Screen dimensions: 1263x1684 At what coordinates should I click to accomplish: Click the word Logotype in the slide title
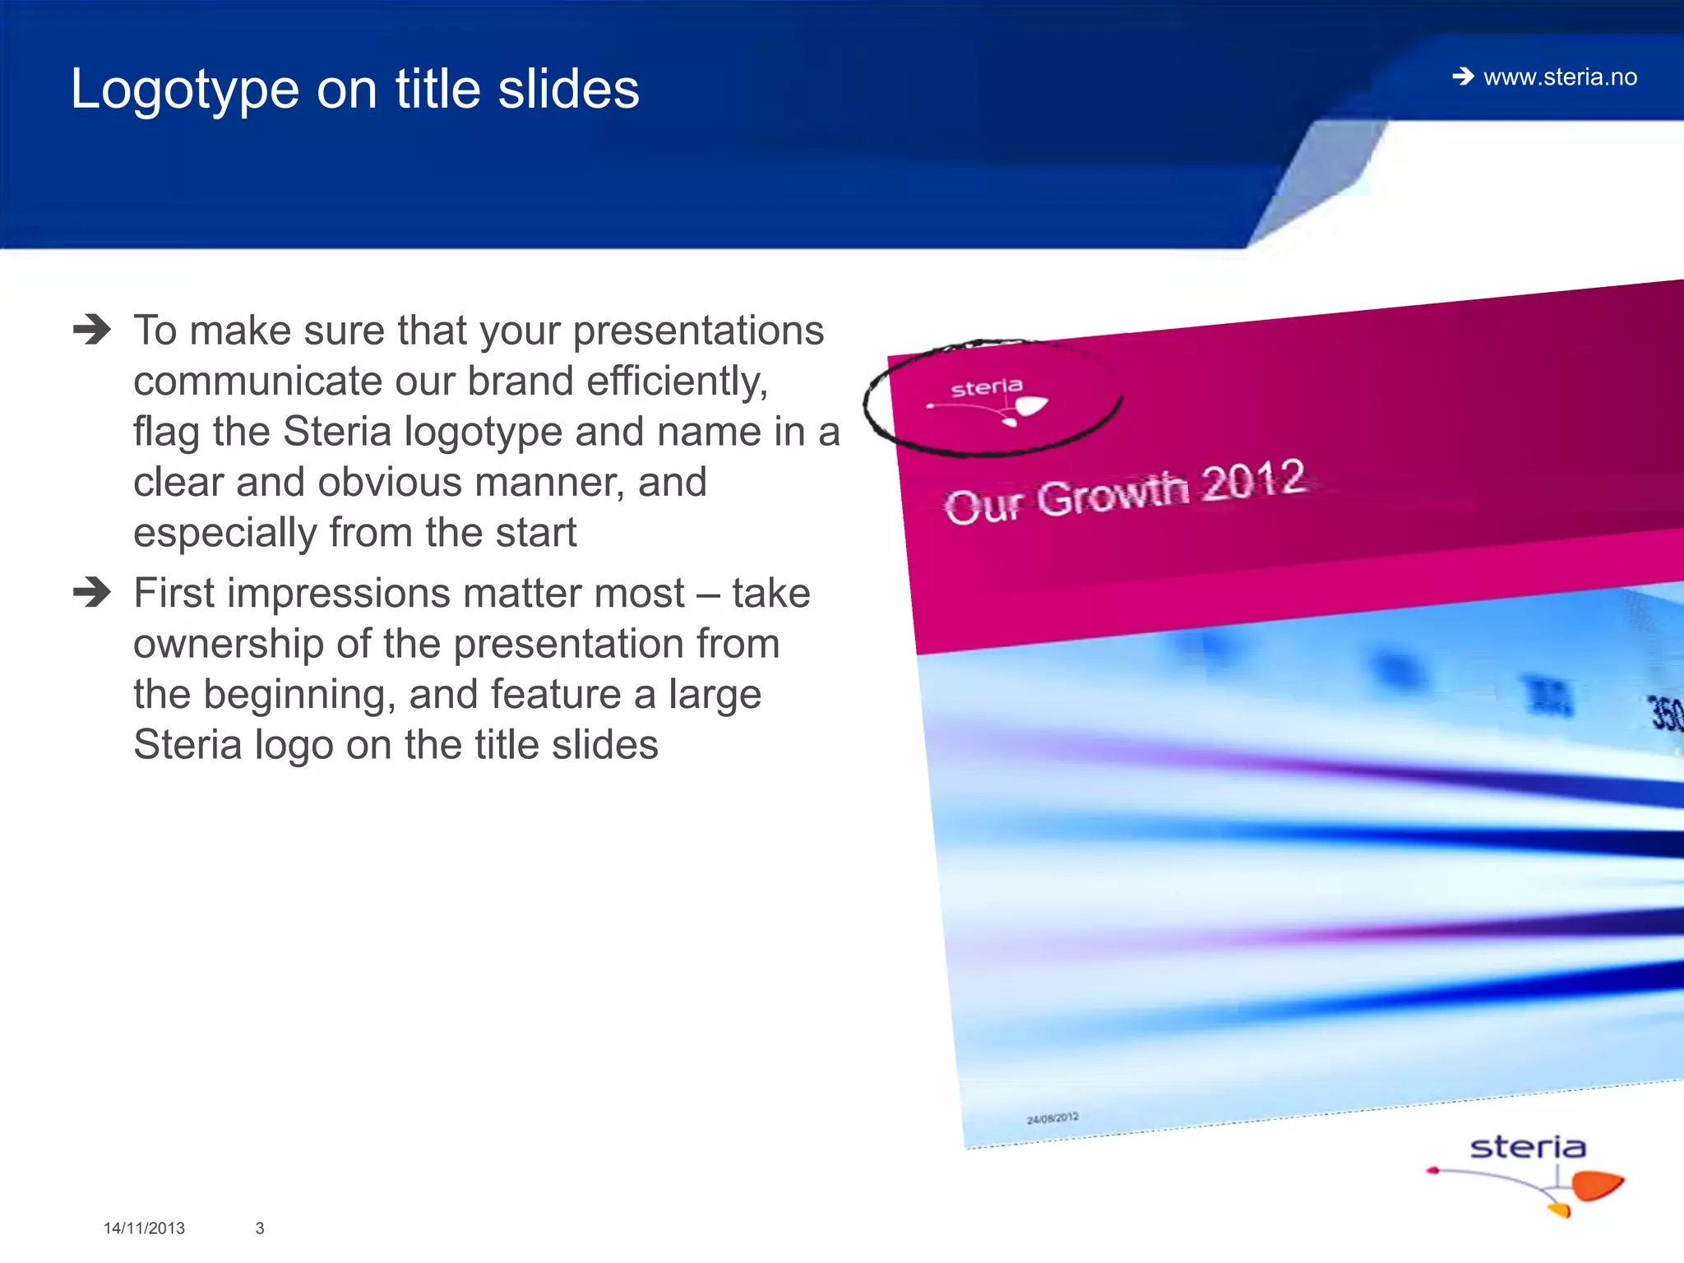184,90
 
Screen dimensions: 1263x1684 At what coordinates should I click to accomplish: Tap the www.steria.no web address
1560,77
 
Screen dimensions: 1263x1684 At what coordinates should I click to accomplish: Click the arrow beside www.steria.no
1463,77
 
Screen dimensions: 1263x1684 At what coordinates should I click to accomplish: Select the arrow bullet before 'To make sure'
91,331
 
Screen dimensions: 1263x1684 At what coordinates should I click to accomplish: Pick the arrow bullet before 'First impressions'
91,592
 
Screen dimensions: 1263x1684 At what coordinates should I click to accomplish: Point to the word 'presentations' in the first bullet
698,331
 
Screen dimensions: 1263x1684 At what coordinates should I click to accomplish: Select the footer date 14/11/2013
144,1228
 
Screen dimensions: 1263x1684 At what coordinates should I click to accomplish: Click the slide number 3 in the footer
260,1228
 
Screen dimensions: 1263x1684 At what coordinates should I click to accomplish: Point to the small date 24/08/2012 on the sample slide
1052,1118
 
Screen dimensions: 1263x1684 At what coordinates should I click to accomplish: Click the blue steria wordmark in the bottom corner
1527,1147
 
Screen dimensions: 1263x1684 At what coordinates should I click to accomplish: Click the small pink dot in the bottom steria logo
1433,1170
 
